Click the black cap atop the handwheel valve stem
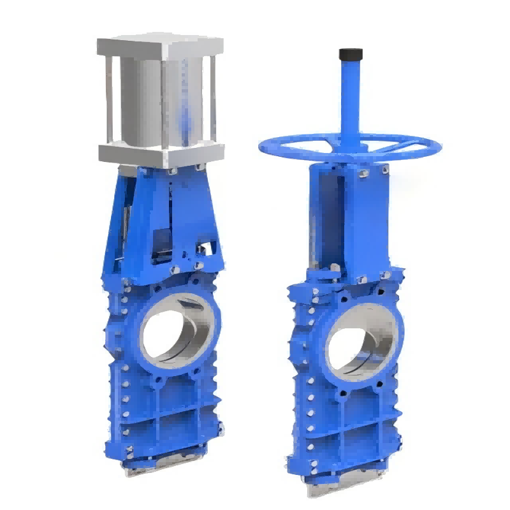tap(351, 54)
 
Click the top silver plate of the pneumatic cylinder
tap(160, 46)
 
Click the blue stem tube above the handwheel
tap(351, 96)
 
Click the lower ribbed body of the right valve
tap(344, 427)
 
